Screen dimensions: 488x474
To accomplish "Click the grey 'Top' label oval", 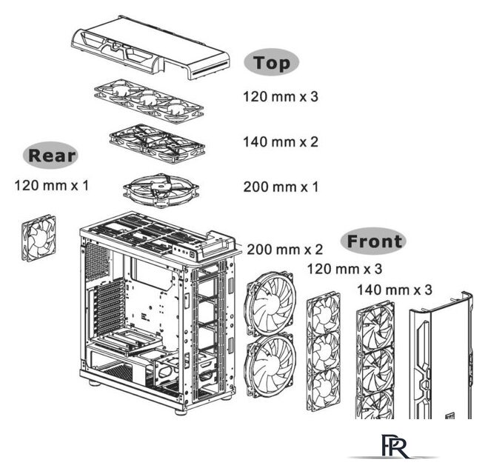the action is tap(271, 62).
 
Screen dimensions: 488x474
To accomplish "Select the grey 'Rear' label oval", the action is tap(51, 155).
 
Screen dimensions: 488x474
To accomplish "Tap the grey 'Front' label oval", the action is tap(373, 241).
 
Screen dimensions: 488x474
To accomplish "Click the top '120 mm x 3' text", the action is tap(281, 96).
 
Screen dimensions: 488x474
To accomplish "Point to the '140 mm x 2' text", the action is tap(281, 142).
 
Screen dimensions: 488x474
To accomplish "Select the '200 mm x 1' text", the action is tap(281, 187).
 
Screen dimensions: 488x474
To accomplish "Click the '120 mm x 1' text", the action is tap(52, 185).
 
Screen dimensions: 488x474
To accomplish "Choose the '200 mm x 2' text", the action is tap(284, 250).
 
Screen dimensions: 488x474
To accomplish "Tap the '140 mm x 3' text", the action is tap(394, 290).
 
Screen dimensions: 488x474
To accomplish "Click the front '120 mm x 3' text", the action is tap(344, 269).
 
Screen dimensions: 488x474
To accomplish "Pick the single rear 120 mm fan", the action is tap(39, 238).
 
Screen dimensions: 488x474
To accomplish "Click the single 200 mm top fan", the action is tap(161, 190).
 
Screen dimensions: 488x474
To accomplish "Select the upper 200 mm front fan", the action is tap(270, 303).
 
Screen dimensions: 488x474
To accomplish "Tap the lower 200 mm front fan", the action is tap(270, 365).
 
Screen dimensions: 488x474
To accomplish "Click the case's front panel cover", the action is tap(441, 355).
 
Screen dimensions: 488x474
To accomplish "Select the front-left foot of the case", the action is tap(181, 411).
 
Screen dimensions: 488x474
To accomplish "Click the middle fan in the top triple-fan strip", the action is tap(149, 100).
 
